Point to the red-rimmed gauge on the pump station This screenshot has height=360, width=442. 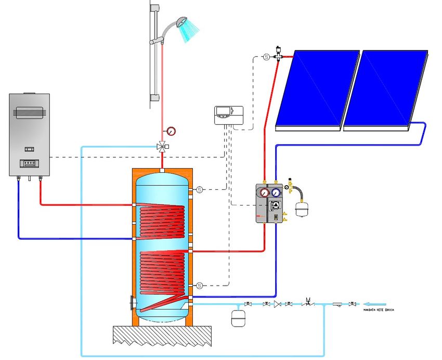(x=265, y=191)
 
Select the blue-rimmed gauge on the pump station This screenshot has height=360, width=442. (x=276, y=191)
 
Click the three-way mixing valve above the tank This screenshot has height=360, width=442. (x=163, y=146)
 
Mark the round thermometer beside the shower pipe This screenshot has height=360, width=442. (x=172, y=130)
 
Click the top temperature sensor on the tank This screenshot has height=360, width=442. (x=199, y=189)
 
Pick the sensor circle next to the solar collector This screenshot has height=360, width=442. (x=266, y=57)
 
